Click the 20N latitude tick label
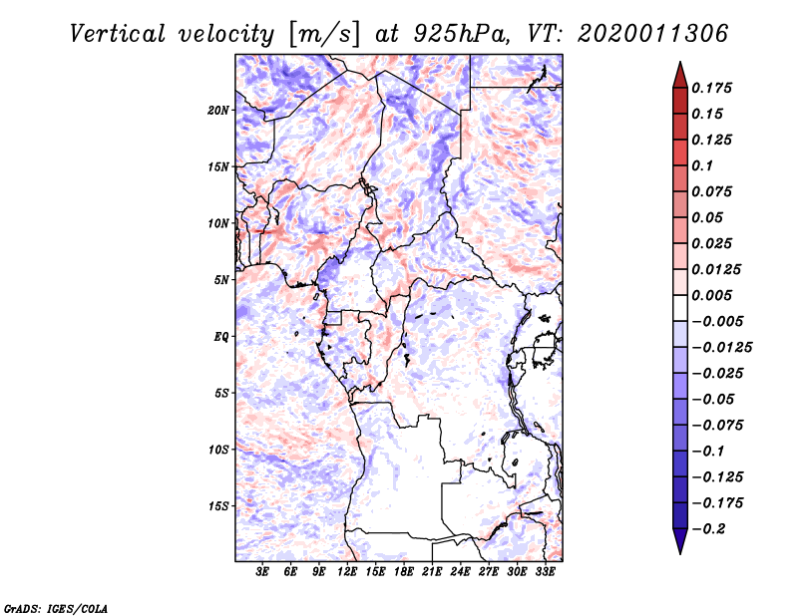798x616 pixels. tap(218, 111)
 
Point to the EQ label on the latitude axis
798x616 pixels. tap(221, 337)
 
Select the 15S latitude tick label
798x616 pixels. tap(218, 506)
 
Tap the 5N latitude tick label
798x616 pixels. tap(221, 280)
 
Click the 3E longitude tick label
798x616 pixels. tap(262, 572)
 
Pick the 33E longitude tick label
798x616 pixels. tap(545, 572)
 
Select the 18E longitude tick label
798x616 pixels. tap(404, 572)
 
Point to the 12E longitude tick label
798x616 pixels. tap(347, 572)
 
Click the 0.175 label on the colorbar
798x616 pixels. tap(711, 88)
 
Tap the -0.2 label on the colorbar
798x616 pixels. tap(708, 529)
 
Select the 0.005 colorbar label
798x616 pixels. tap(711, 295)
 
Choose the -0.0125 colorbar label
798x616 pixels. tap(721, 348)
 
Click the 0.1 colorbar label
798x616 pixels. tap(702, 165)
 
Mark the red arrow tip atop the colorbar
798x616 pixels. tap(680, 62)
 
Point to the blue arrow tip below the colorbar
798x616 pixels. tap(680, 553)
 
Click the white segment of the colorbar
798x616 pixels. tap(680, 308)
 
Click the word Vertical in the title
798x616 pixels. tap(118, 34)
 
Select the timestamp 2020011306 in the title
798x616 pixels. tap(653, 34)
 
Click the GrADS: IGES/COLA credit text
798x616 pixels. tap(56, 608)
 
